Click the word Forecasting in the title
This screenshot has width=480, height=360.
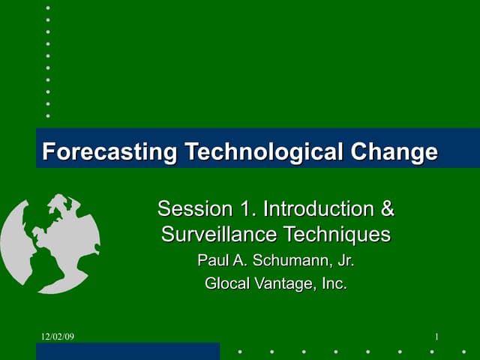pyautogui.click(x=109, y=152)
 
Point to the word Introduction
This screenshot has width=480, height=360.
pyautogui.click(x=319, y=208)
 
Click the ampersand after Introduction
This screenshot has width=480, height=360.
pyautogui.click(x=387, y=208)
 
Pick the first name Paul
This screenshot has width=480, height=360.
pyautogui.click(x=211, y=261)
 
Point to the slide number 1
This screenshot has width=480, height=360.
pyautogui.click(x=436, y=337)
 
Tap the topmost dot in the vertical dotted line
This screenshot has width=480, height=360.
pyautogui.click(x=48, y=7)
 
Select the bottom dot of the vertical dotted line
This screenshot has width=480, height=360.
pyautogui.click(x=48, y=115)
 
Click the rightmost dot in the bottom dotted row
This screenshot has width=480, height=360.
pyautogui.click(x=464, y=351)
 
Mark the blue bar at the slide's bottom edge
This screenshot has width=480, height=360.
pyautogui.click(x=127, y=352)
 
